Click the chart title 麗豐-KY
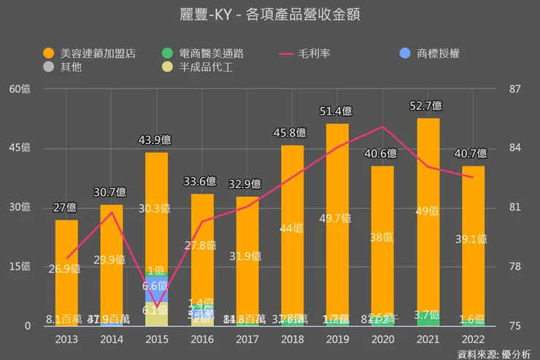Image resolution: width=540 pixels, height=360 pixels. pyautogui.click(x=270, y=15)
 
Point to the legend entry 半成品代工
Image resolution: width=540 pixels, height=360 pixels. pyautogui.click(x=195, y=67)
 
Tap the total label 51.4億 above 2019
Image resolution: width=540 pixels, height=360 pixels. pyautogui.click(x=337, y=111)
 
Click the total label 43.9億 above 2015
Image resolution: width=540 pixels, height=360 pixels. pyautogui.click(x=157, y=140)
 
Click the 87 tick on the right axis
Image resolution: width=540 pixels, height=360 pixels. pyautogui.click(x=515, y=89)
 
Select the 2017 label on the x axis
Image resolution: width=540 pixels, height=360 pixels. pyautogui.click(x=247, y=340)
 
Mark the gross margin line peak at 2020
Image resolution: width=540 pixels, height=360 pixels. pyautogui.click(x=383, y=127)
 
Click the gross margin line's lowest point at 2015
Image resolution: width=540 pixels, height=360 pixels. pyautogui.click(x=157, y=307)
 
